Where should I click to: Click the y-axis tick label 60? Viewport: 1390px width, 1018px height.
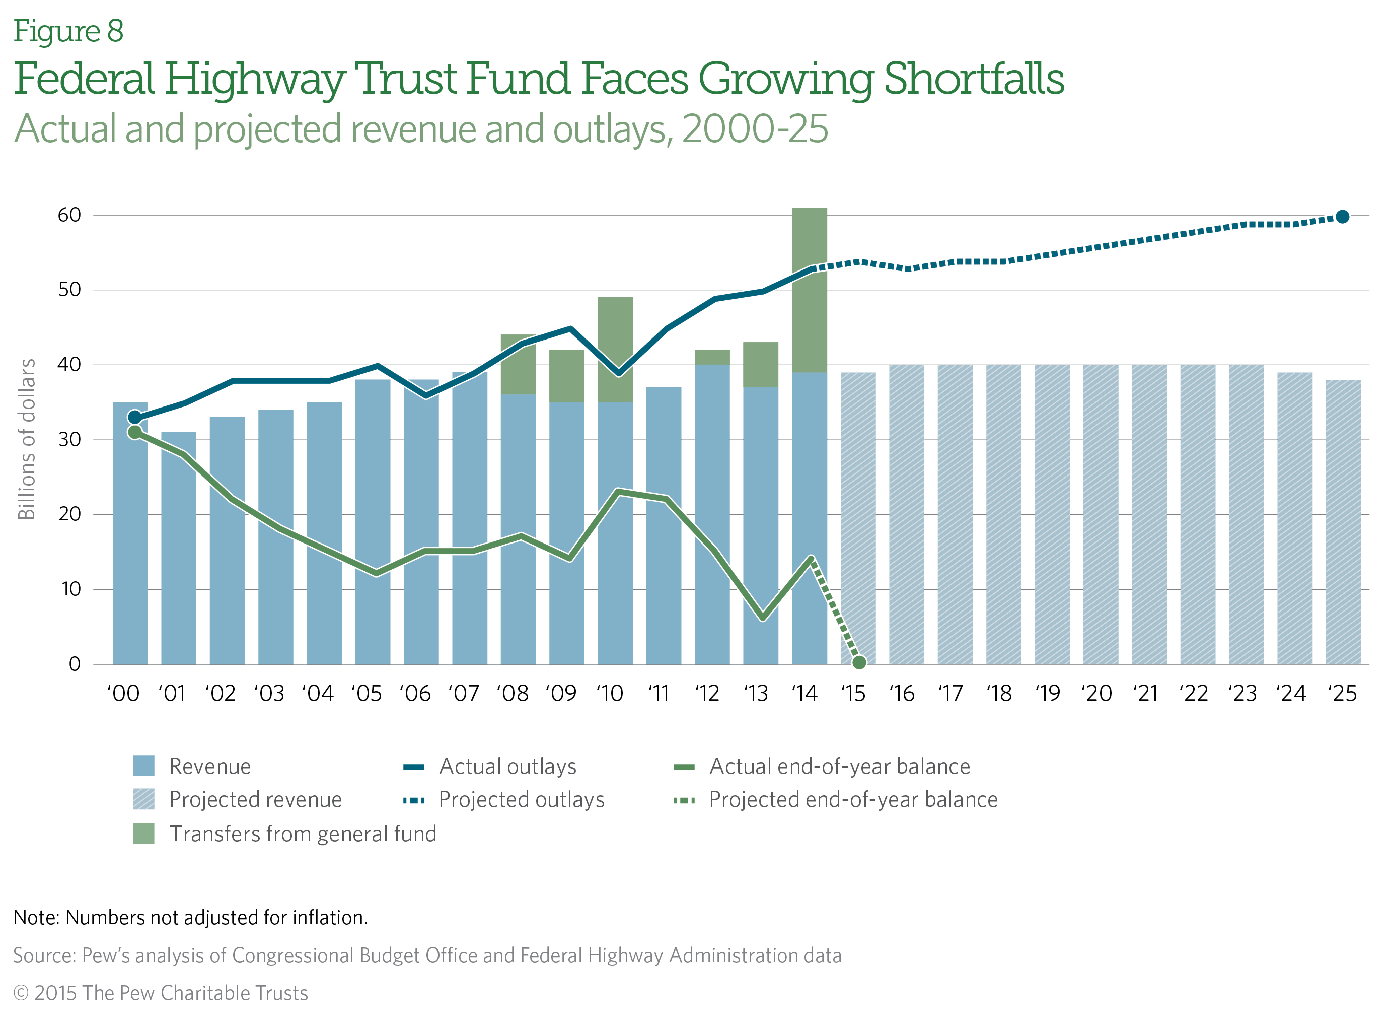click(x=69, y=215)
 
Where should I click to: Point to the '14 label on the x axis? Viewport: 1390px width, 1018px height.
click(x=804, y=694)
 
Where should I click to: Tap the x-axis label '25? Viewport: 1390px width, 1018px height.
click(x=1343, y=694)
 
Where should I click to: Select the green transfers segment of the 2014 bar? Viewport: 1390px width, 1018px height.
click(x=809, y=290)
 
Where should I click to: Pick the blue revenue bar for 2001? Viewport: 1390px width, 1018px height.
click(x=179, y=548)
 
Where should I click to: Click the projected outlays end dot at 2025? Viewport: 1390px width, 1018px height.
click(x=1343, y=217)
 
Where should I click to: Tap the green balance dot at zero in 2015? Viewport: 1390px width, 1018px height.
click(x=859, y=662)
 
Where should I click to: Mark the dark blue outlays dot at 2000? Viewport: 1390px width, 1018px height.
click(x=135, y=417)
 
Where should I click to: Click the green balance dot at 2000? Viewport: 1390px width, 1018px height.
click(x=135, y=433)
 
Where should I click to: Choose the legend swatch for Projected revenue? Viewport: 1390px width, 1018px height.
click(x=143, y=800)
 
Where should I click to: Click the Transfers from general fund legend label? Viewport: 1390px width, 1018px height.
click(x=303, y=834)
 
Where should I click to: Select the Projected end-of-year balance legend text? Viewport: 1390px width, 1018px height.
click(x=853, y=800)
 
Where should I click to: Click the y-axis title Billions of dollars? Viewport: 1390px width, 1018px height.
click(x=27, y=439)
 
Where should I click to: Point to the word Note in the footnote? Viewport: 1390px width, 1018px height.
click(x=35, y=918)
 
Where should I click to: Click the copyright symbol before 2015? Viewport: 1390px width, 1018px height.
click(x=21, y=993)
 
